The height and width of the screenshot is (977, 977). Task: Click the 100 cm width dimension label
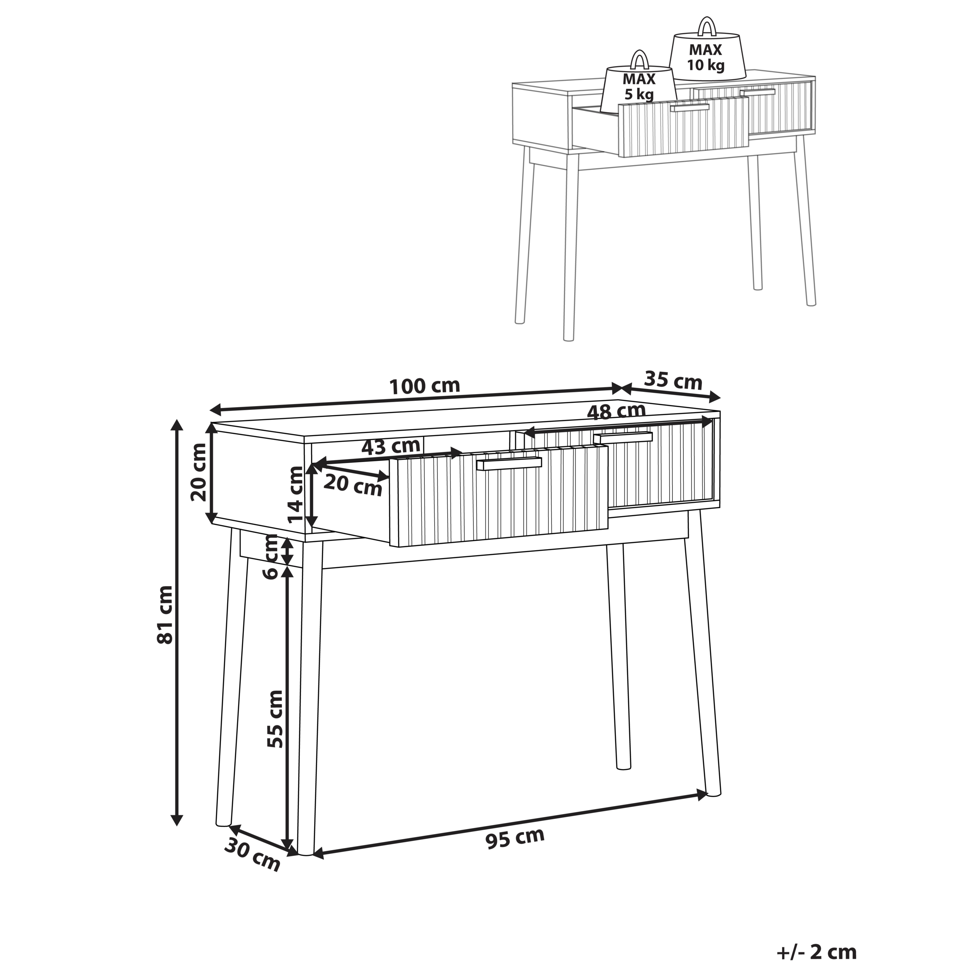(424, 386)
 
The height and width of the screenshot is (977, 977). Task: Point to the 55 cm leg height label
(276, 719)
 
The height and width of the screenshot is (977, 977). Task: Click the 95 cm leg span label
(515, 838)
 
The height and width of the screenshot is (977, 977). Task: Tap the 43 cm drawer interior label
(390, 447)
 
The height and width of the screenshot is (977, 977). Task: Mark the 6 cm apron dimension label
(272, 557)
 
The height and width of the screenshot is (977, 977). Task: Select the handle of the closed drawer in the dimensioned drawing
(623, 437)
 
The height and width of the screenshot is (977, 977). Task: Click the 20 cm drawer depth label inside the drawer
(353, 485)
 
